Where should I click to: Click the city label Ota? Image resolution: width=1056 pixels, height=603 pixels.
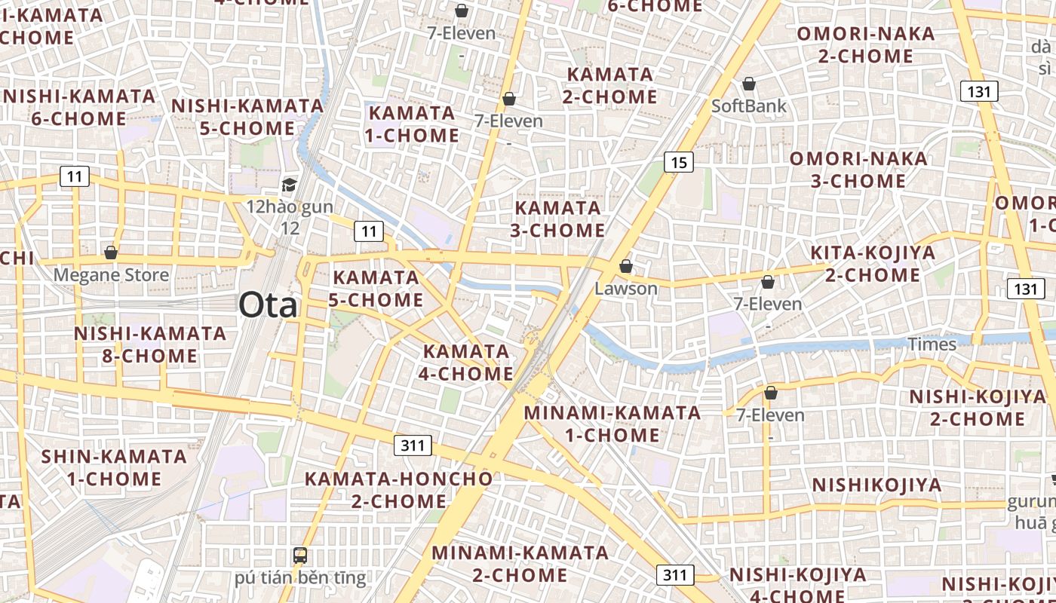(x=268, y=305)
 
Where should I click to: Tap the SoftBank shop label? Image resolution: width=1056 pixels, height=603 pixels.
(x=749, y=106)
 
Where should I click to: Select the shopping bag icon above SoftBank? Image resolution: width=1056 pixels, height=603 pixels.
(x=749, y=84)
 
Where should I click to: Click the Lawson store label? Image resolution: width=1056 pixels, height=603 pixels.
(x=626, y=288)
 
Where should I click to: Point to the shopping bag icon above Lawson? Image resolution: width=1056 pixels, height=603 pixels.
(x=625, y=266)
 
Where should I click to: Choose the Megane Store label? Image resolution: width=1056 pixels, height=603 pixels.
(x=111, y=274)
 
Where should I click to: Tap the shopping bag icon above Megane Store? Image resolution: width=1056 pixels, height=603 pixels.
(x=111, y=253)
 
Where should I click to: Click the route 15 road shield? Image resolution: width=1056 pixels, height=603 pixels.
(x=679, y=161)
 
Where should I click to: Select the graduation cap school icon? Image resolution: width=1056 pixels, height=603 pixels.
(x=289, y=185)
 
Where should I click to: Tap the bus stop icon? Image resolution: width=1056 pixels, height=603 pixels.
(x=300, y=556)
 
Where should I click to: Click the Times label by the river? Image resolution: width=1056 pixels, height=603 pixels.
(x=932, y=344)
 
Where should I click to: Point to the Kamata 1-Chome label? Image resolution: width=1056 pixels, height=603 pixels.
(x=413, y=124)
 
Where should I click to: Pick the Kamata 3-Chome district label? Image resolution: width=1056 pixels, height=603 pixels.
(x=557, y=219)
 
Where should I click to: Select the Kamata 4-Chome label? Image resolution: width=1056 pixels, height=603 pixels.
(x=468, y=362)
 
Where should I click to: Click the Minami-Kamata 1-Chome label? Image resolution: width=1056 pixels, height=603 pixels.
(x=612, y=424)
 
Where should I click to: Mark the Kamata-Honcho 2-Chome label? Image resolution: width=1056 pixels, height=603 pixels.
(x=398, y=489)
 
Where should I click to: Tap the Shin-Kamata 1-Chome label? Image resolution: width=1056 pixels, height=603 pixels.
(x=114, y=467)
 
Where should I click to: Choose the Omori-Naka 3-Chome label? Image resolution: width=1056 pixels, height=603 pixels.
(x=858, y=170)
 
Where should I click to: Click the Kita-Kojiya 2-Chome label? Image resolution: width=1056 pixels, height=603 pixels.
(x=873, y=264)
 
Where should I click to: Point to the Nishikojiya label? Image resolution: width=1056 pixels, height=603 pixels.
(x=877, y=485)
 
